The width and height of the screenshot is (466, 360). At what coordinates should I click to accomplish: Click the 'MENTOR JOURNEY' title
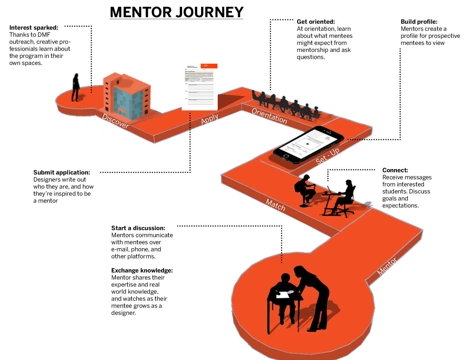177,12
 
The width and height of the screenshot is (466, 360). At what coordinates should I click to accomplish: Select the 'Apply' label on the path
209,119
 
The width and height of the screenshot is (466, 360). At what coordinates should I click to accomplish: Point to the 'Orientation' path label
269,116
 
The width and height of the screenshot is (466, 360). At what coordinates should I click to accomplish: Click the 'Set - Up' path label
327,156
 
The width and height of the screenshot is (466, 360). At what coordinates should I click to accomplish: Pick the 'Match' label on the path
275,205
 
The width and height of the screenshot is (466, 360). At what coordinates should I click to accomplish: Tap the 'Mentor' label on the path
387,266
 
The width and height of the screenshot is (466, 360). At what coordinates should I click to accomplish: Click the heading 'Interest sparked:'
34,28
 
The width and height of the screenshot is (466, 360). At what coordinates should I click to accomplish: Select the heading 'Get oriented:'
316,22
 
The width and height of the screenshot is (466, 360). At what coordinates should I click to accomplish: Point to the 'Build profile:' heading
419,22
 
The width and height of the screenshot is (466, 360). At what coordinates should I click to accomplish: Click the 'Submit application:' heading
62,173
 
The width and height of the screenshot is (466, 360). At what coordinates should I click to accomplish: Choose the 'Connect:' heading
395,170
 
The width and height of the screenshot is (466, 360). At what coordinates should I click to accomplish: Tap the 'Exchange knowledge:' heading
142,270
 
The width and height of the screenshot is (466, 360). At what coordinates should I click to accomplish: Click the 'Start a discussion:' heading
138,228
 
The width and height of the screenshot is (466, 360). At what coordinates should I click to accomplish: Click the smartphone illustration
308,144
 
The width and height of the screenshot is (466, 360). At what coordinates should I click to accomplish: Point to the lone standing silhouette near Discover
76,88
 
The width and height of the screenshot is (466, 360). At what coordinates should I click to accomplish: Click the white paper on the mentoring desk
282,295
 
